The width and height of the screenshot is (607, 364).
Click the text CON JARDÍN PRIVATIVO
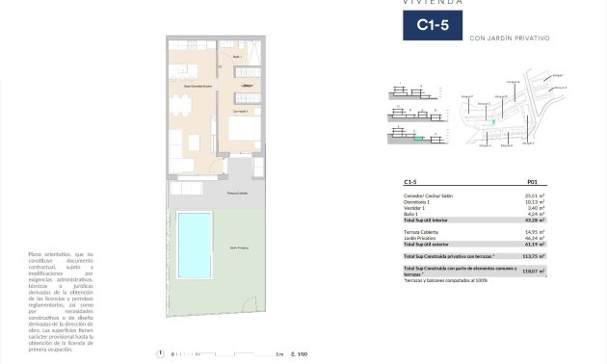point(509,39)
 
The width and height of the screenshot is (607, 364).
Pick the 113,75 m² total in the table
point(532,256)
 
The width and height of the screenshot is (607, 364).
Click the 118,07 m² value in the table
point(532,272)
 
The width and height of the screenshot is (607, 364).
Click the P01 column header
point(532,181)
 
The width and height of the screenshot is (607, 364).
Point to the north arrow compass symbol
point(161,353)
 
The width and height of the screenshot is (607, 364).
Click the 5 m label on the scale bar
point(279,353)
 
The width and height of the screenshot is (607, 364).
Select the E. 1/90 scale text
point(299,353)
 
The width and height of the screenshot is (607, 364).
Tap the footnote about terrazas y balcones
point(446,280)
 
